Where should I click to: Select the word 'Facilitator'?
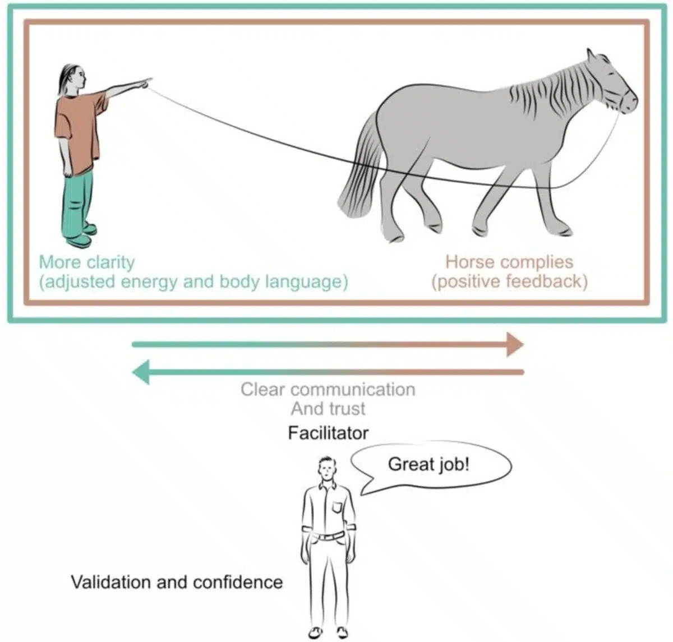[x=328, y=433]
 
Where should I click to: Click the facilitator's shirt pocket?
[x=337, y=507]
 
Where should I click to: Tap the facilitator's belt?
[x=328, y=537]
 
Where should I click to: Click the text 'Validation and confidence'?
[x=177, y=582]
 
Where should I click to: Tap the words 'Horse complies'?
[x=509, y=262]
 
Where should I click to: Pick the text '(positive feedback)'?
[x=509, y=281]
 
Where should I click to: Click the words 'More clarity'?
[x=87, y=262]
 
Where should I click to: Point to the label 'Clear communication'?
[x=328, y=389]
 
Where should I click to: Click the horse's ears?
[x=592, y=55]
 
